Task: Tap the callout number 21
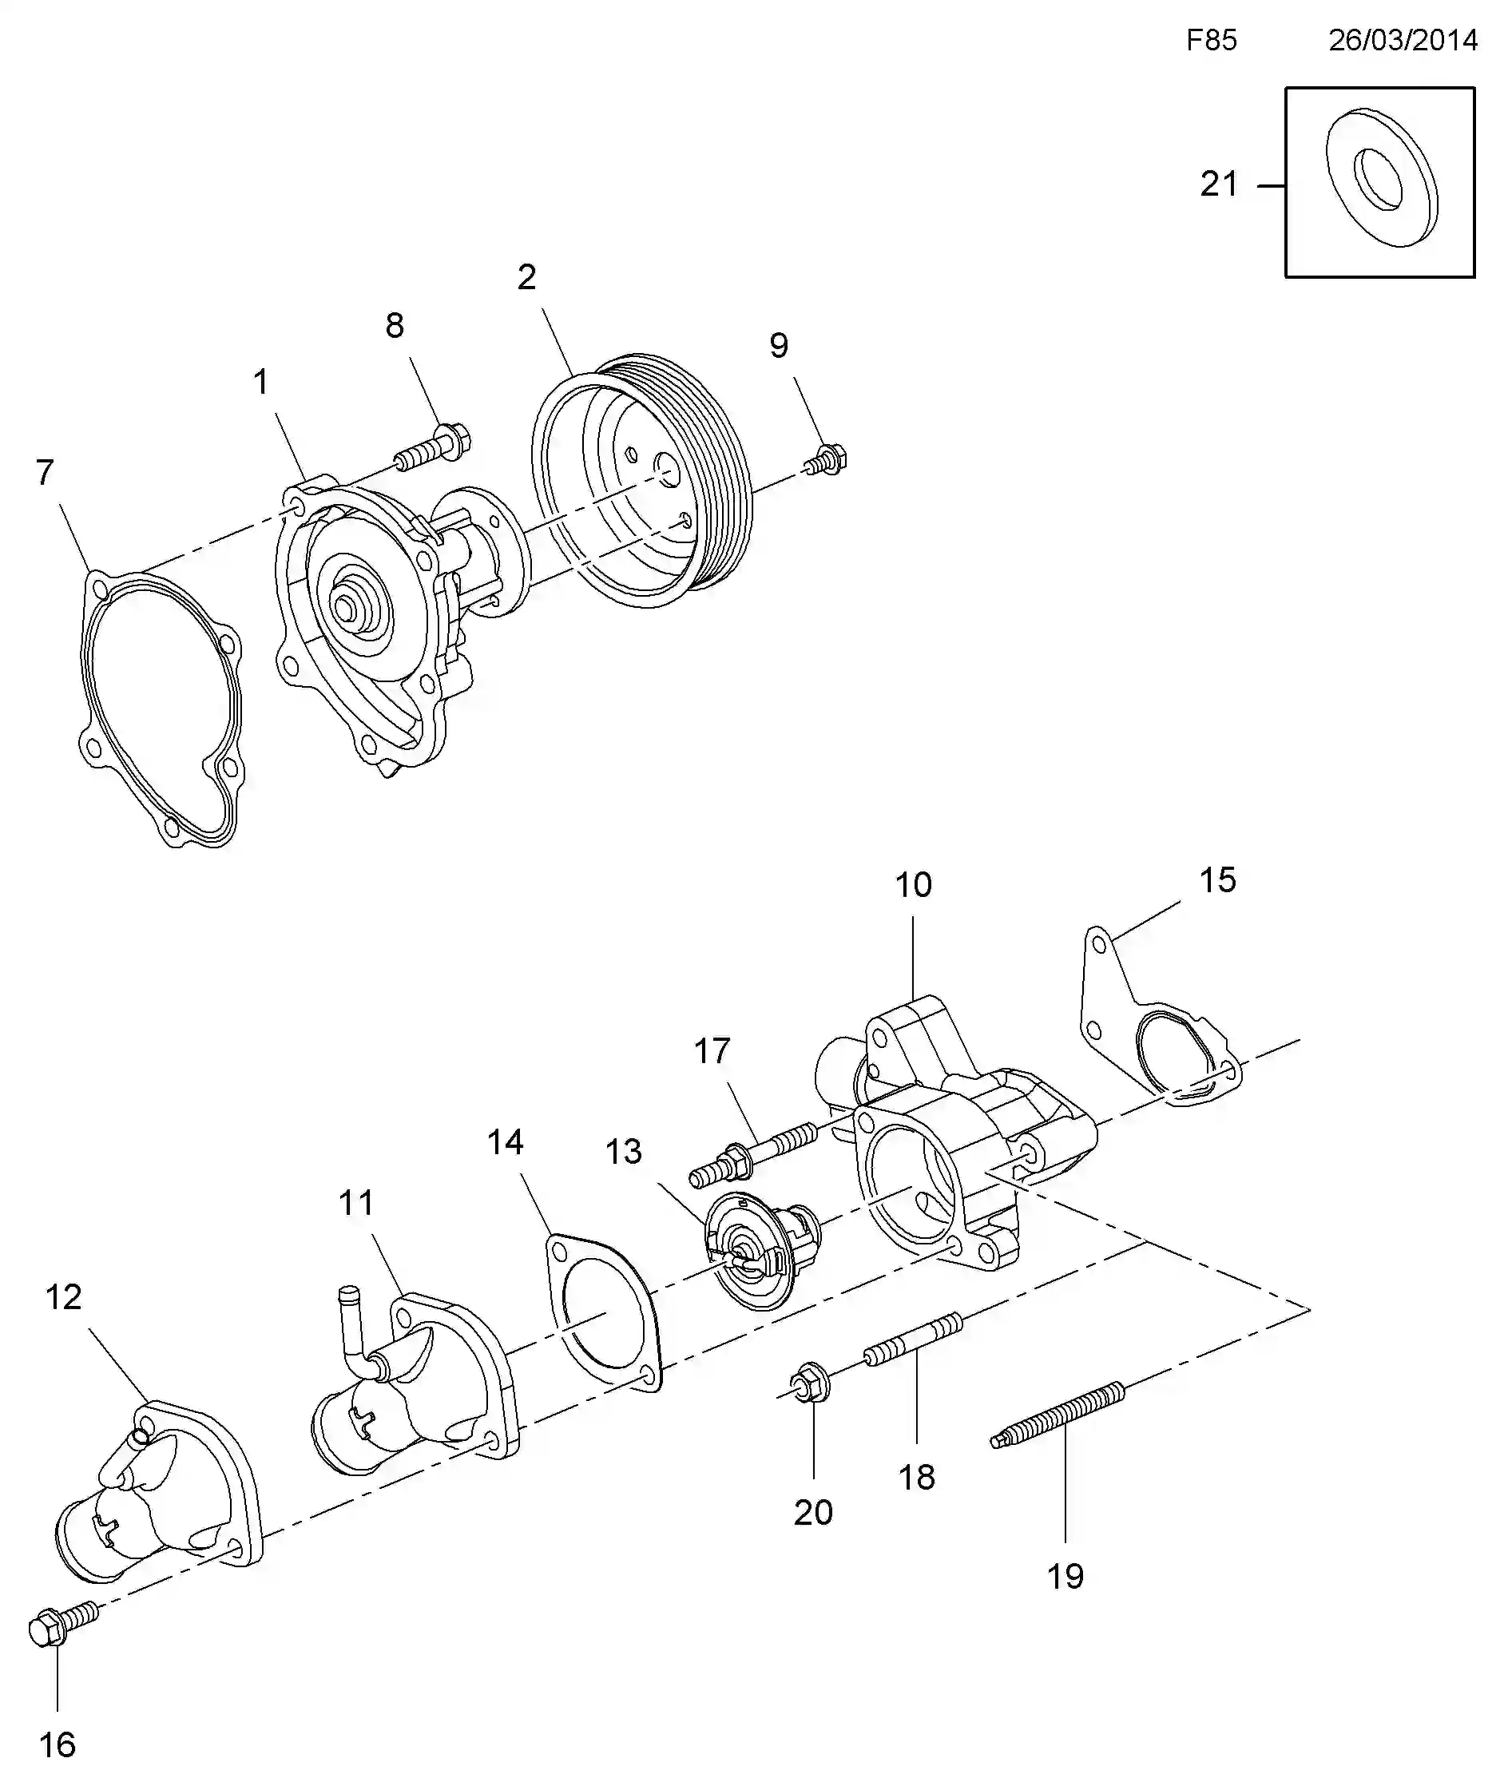pos(1219,184)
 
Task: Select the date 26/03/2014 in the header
pos(1403,40)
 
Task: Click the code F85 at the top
pos(1212,40)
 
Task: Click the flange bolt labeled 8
pos(435,446)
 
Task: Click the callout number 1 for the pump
pos(260,381)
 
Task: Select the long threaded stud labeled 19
pos(1058,1415)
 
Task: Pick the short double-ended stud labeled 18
pos(914,1339)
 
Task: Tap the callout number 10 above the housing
pos(913,885)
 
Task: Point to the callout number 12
pos(63,1297)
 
